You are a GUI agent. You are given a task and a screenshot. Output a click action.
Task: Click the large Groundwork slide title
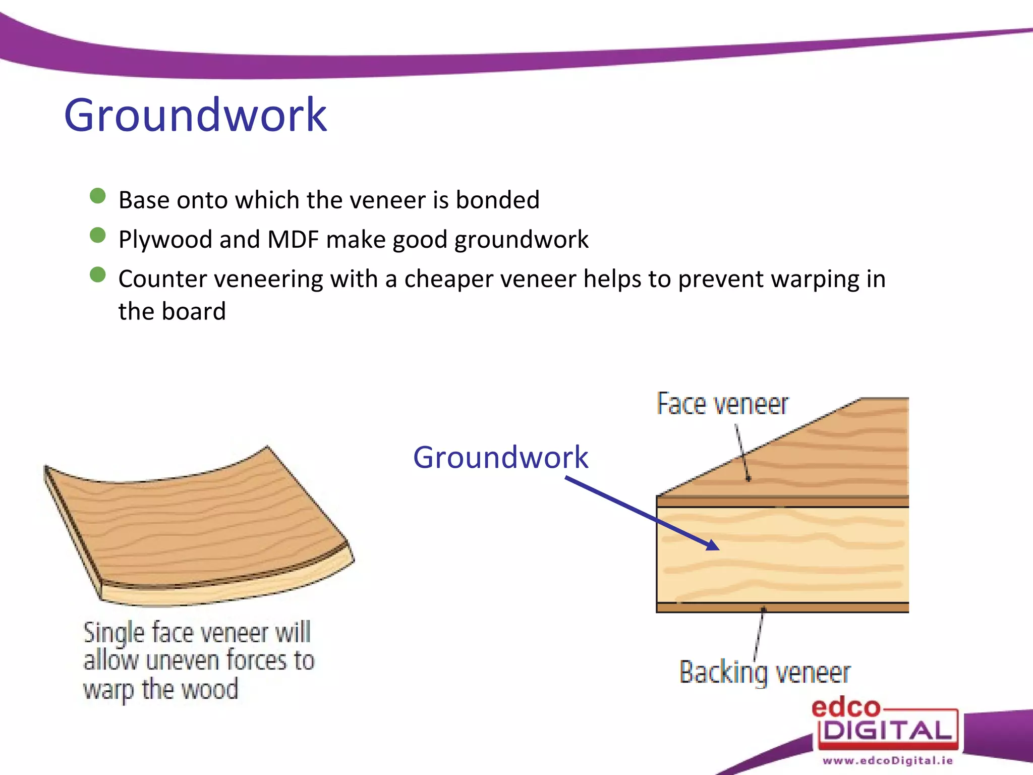point(196,116)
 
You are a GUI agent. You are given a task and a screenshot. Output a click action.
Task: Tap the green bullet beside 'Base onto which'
point(97,196)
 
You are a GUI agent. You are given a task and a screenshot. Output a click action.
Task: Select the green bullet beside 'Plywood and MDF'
point(97,235)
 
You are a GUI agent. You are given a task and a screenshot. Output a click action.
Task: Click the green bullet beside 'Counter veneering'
point(97,275)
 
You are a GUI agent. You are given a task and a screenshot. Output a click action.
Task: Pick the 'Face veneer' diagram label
point(722,404)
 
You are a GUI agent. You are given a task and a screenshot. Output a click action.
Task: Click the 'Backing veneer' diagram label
point(765,673)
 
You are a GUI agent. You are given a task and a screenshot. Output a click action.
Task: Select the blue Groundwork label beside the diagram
point(500,458)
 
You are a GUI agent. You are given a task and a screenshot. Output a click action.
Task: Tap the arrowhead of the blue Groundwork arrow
point(713,545)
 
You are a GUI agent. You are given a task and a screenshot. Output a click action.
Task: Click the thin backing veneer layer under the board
point(782,607)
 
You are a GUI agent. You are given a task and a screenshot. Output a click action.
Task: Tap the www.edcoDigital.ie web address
point(887,760)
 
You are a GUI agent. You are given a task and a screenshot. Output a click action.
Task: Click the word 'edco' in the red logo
point(845,708)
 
